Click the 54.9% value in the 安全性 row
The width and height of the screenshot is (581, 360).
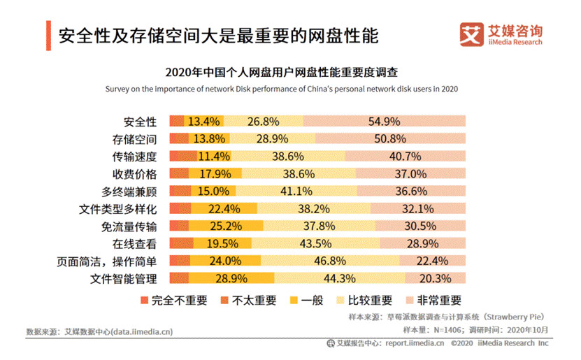coord(384,121)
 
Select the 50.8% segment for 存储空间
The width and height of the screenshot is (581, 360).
coord(389,138)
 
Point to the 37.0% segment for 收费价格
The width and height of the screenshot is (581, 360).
coord(410,174)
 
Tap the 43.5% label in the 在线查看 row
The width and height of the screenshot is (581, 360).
coord(315,244)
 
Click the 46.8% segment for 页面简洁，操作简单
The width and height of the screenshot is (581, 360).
coord(330,261)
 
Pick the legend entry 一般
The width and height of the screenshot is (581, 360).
coord(306,301)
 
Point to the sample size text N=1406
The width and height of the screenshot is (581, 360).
coord(435,329)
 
